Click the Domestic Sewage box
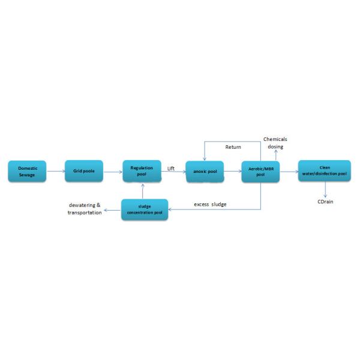tap(27, 171)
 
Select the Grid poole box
tap(84, 171)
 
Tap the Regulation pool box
tap(142, 171)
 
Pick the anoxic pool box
tap(205, 172)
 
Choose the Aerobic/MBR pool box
tap(260, 172)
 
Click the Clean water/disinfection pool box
tap(325, 171)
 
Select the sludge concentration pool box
tap(145, 209)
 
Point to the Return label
tap(233, 147)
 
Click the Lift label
tap(171, 168)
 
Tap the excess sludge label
tap(210, 205)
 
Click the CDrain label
tap(325, 202)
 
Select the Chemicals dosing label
tap(275, 143)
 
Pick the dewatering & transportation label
tap(85, 209)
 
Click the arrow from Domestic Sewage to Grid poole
tap(56, 171)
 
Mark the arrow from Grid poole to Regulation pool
tap(113, 172)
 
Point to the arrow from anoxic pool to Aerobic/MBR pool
tap(233, 171)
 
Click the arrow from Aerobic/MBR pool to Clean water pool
tap(289, 172)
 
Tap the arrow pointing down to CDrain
tap(325, 190)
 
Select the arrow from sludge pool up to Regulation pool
tap(143, 191)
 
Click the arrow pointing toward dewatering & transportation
tap(113, 210)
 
